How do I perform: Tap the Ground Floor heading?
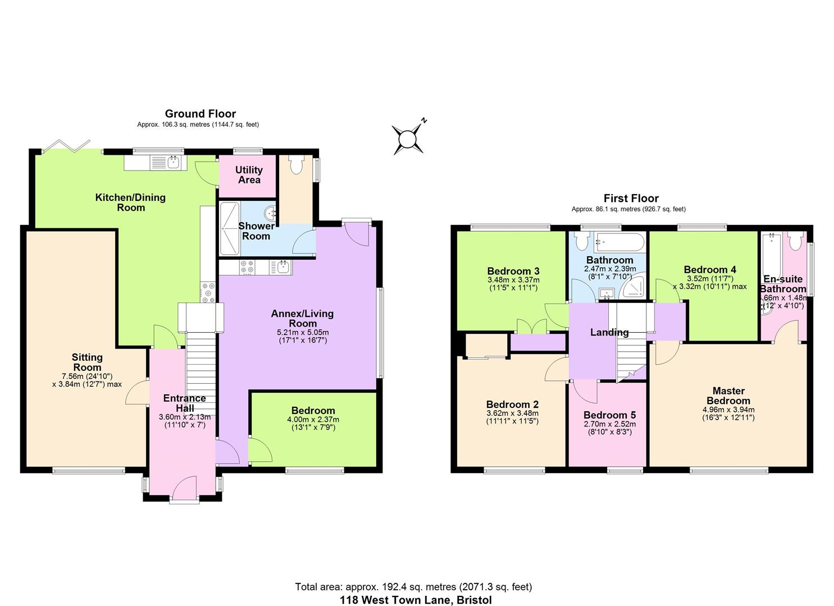200,114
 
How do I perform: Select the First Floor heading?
631,198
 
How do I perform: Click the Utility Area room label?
249,175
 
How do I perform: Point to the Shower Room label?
256,231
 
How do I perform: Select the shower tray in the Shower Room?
229,228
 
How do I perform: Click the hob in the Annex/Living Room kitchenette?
248,268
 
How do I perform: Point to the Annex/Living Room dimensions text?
302,336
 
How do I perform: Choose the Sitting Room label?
87,362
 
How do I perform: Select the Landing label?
609,332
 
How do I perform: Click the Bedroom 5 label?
609,415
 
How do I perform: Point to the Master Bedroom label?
728,396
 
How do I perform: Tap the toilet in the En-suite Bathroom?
795,241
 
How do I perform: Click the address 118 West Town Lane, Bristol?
416,600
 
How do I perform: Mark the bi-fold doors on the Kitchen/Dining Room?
68,145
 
